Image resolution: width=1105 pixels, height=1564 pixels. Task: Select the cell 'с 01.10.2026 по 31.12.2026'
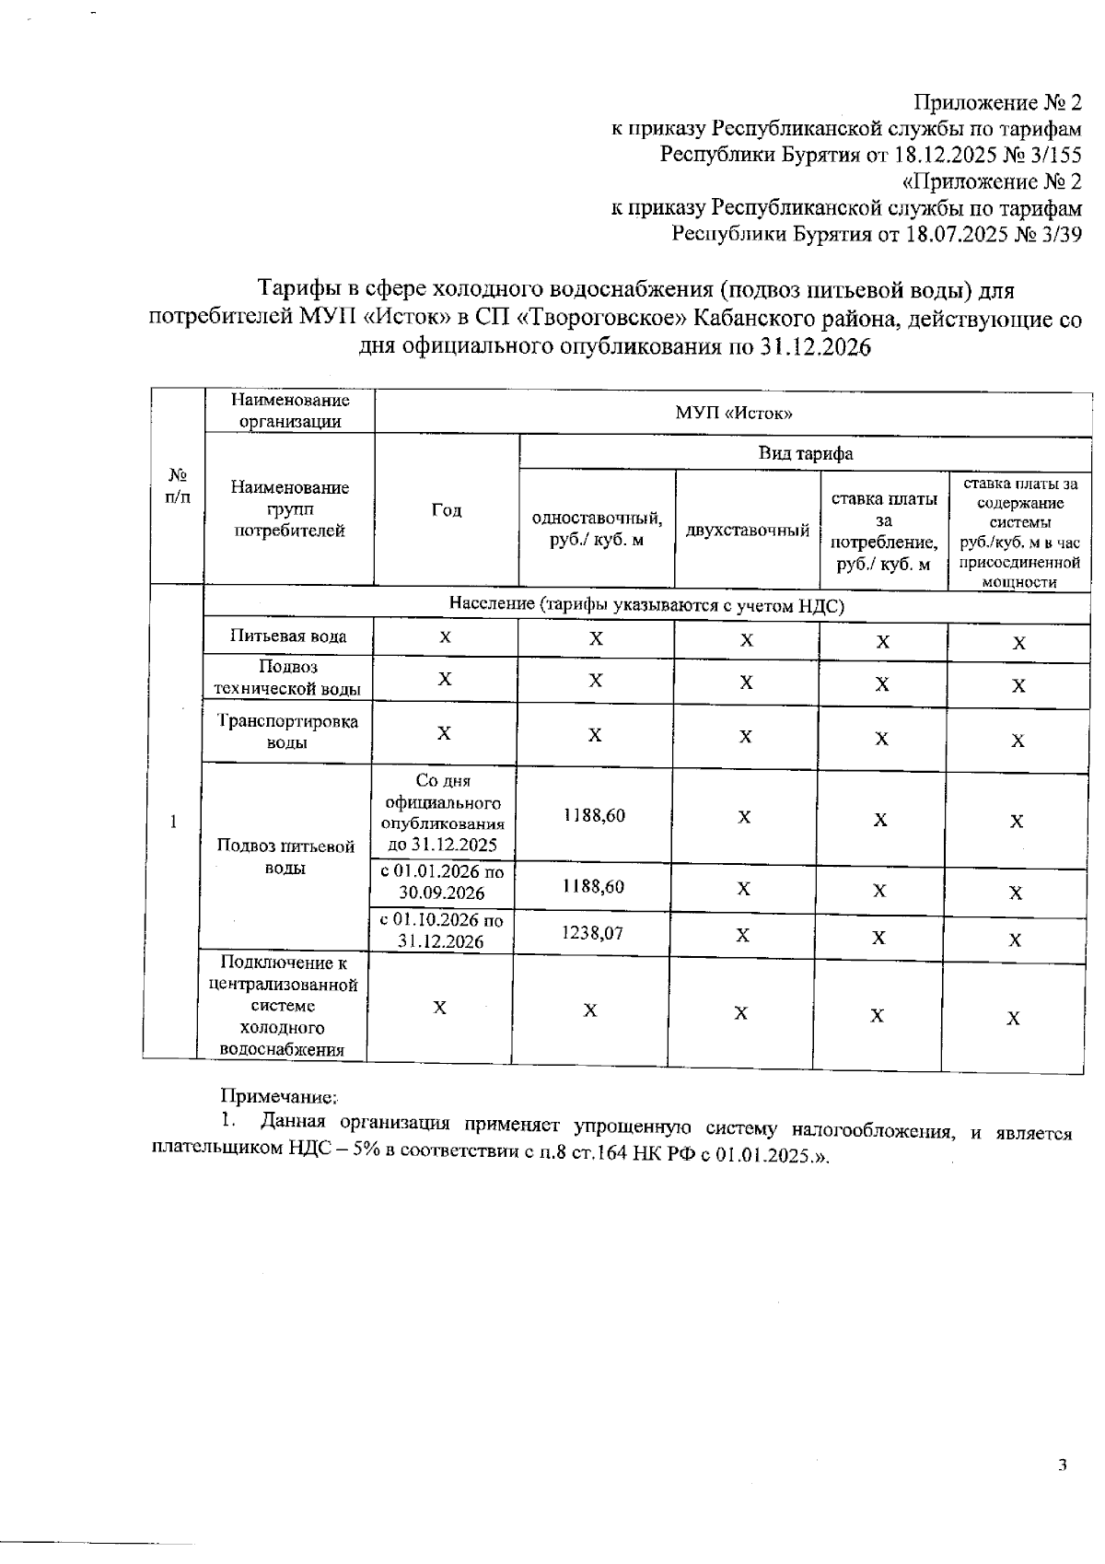(441, 930)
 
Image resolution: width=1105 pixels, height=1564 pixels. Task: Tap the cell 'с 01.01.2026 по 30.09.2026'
(441, 881)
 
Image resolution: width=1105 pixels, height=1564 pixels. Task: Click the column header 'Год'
(447, 510)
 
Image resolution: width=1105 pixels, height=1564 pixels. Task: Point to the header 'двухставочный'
(747, 530)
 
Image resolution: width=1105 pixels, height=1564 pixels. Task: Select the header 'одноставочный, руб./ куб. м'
(597, 529)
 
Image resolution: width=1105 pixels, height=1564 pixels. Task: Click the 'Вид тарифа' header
(805, 453)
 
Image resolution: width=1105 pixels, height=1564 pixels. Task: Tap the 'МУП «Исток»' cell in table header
(734, 412)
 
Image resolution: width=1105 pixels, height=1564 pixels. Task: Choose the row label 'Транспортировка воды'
(287, 732)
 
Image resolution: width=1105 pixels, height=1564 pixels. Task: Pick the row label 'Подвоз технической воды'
(287, 678)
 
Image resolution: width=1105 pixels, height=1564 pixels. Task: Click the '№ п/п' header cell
(178, 485)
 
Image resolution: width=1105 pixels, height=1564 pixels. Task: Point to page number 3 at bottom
(1062, 1465)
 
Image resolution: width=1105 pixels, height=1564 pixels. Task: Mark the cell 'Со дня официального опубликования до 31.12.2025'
(442, 813)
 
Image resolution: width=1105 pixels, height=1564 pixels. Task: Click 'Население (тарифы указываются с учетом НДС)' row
(646, 604)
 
